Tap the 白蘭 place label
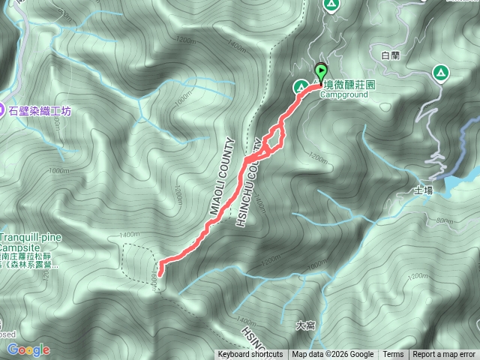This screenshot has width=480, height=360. (x=391, y=55)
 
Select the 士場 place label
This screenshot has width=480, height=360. (x=423, y=192)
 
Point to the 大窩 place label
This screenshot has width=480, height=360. (x=305, y=325)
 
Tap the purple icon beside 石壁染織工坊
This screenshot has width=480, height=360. (x=2, y=110)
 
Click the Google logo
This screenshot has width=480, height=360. (x=28, y=349)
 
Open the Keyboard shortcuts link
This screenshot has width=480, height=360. (x=250, y=355)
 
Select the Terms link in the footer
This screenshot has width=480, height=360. (x=393, y=355)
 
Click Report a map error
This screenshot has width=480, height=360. (x=444, y=355)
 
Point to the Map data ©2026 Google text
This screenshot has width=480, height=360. (x=333, y=355)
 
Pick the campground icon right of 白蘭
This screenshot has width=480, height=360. (x=439, y=73)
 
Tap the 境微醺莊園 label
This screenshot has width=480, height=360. (x=349, y=85)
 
